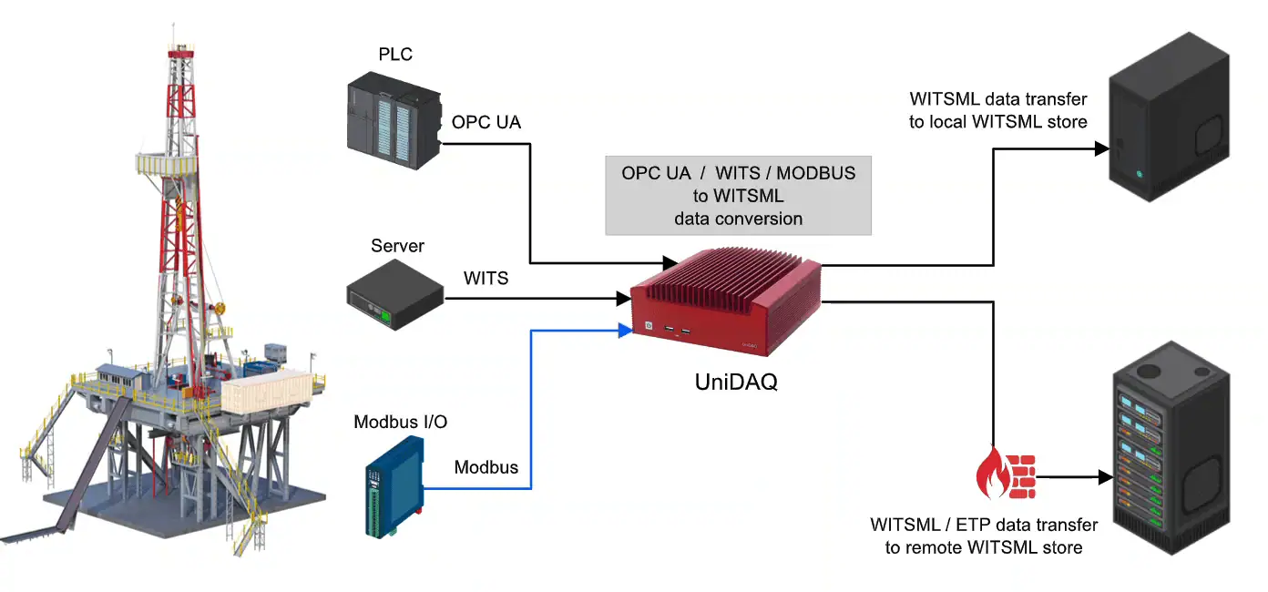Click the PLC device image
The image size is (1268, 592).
[394, 122]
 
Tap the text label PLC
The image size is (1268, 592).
[395, 55]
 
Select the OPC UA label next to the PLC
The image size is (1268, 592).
[486, 122]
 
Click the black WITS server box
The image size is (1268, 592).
[394, 293]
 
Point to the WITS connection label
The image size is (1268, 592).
[486, 277]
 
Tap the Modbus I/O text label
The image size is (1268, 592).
[400, 422]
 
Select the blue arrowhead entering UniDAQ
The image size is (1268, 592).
[625, 330]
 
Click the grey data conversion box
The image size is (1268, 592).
[738, 196]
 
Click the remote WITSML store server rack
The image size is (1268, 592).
[1171, 455]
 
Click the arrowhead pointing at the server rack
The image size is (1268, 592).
[1106, 476]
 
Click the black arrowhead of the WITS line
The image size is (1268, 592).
[624, 298]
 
